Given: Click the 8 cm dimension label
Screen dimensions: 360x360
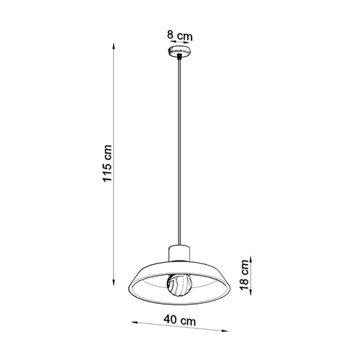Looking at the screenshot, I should point(179,35).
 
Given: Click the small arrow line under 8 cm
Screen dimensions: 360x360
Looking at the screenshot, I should point(179,43).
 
